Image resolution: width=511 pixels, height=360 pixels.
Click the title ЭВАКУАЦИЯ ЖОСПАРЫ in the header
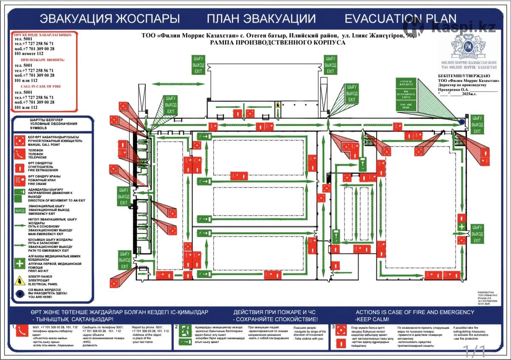110,19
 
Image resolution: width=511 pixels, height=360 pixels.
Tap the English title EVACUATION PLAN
400,19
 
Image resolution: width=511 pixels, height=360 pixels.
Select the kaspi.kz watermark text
463,27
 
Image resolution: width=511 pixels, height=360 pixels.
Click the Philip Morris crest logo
468,47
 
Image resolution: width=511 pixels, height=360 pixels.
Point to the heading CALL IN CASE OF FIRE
41,86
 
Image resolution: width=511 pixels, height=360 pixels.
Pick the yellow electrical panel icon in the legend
20,280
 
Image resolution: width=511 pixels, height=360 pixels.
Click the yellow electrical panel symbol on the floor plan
278,104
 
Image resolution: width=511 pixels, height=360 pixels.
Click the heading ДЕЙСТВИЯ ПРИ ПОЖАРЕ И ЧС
275,312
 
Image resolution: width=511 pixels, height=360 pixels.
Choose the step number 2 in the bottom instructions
177,327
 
